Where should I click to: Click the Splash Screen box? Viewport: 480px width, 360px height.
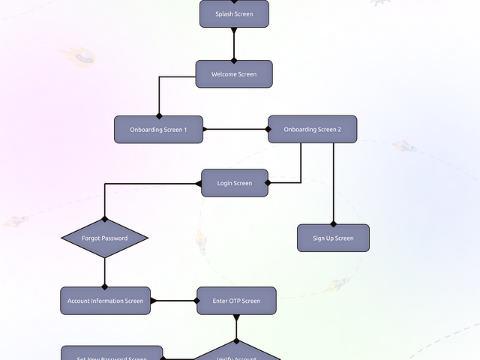click(x=234, y=13)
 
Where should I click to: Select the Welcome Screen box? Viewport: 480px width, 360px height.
click(x=234, y=74)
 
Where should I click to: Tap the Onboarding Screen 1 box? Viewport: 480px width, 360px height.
click(x=159, y=129)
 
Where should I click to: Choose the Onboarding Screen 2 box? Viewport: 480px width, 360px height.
click(x=312, y=129)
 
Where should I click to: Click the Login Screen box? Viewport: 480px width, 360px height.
click(x=235, y=183)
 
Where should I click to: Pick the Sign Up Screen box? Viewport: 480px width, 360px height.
click(x=333, y=238)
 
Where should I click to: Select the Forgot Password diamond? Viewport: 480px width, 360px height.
click(x=104, y=238)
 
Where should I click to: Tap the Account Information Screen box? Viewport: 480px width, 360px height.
click(x=105, y=301)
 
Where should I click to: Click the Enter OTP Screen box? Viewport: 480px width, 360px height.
click(x=236, y=301)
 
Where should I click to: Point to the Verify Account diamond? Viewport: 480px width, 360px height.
click(x=236, y=354)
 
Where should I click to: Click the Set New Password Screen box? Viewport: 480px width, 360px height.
click(x=112, y=354)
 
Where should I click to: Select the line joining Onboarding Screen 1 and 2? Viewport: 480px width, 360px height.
click(x=235, y=129)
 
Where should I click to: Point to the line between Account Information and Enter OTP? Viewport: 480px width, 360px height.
click(x=174, y=301)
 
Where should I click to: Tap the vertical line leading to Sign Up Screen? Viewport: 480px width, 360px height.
click(x=334, y=180)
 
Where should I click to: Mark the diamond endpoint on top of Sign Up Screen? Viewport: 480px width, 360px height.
click(x=334, y=223)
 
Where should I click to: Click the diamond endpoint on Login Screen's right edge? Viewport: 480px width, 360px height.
click(x=268, y=182)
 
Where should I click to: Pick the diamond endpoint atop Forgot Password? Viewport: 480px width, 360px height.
click(x=104, y=219)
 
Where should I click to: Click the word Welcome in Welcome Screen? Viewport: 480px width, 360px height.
click(x=223, y=74)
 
